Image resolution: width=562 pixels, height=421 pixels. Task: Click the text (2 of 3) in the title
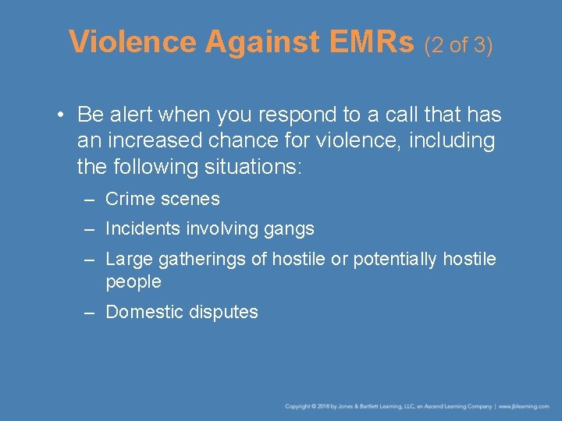(458, 45)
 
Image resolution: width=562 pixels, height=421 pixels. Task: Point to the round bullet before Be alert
(60, 116)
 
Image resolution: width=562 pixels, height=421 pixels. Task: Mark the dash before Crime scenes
(91, 200)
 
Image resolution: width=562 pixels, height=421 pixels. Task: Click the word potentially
(396, 259)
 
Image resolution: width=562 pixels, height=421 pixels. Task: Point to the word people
(133, 281)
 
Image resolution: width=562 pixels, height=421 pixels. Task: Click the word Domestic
(142, 312)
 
